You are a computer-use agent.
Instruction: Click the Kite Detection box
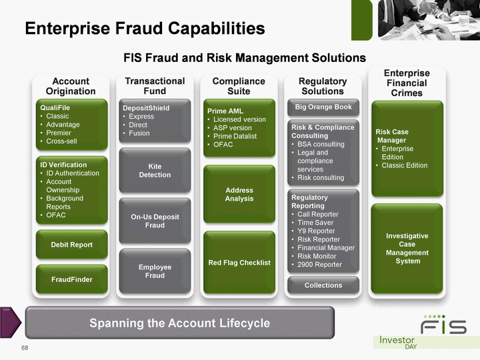pos(155,171)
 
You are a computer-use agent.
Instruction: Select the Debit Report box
pos(72,245)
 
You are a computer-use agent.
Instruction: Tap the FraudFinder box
pos(72,279)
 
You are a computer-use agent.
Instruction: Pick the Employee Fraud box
pos(155,271)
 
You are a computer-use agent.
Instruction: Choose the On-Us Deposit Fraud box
pos(155,221)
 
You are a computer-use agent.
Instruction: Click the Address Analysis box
pos(239,195)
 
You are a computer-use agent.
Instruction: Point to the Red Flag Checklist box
pos(239,263)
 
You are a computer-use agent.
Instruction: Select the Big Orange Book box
pos(323,107)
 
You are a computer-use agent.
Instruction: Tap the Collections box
pos(323,285)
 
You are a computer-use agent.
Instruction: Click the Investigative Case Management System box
pos(407,249)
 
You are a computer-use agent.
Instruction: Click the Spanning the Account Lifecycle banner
pos(180,323)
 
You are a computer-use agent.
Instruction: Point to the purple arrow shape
pos(10,323)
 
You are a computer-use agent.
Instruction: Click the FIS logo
pos(444,325)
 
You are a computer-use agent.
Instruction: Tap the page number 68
pos(25,348)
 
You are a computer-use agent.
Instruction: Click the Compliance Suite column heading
pos(239,86)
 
